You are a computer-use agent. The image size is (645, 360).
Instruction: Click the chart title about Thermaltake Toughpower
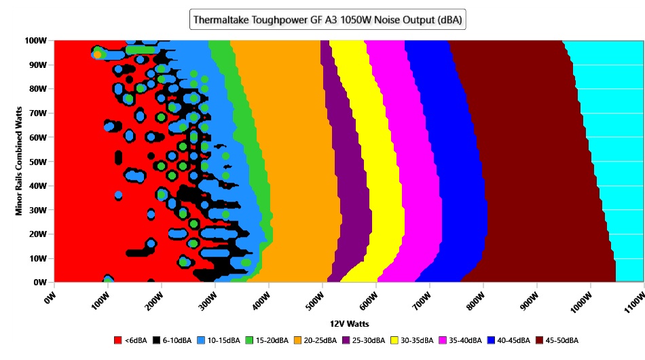(x=327, y=20)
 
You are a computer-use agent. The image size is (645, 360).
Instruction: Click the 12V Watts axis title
(x=349, y=324)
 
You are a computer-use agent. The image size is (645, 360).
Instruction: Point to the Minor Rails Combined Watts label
(x=19, y=161)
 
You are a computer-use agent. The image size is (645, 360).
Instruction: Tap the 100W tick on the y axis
(x=36, y=41)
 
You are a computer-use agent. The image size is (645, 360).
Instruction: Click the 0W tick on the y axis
(x=40, y=283)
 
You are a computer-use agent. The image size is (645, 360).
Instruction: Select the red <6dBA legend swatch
(x=118, y=340)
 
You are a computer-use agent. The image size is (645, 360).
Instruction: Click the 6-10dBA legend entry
(x=172, y=340)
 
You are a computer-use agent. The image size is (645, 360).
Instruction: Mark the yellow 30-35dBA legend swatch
(x=394, y=340)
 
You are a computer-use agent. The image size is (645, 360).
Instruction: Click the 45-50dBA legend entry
(x=557, y=340)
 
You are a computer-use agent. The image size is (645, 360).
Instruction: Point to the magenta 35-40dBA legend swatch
(x=443, y=340)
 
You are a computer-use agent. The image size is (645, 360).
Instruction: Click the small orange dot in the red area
(x=97, y=54)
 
